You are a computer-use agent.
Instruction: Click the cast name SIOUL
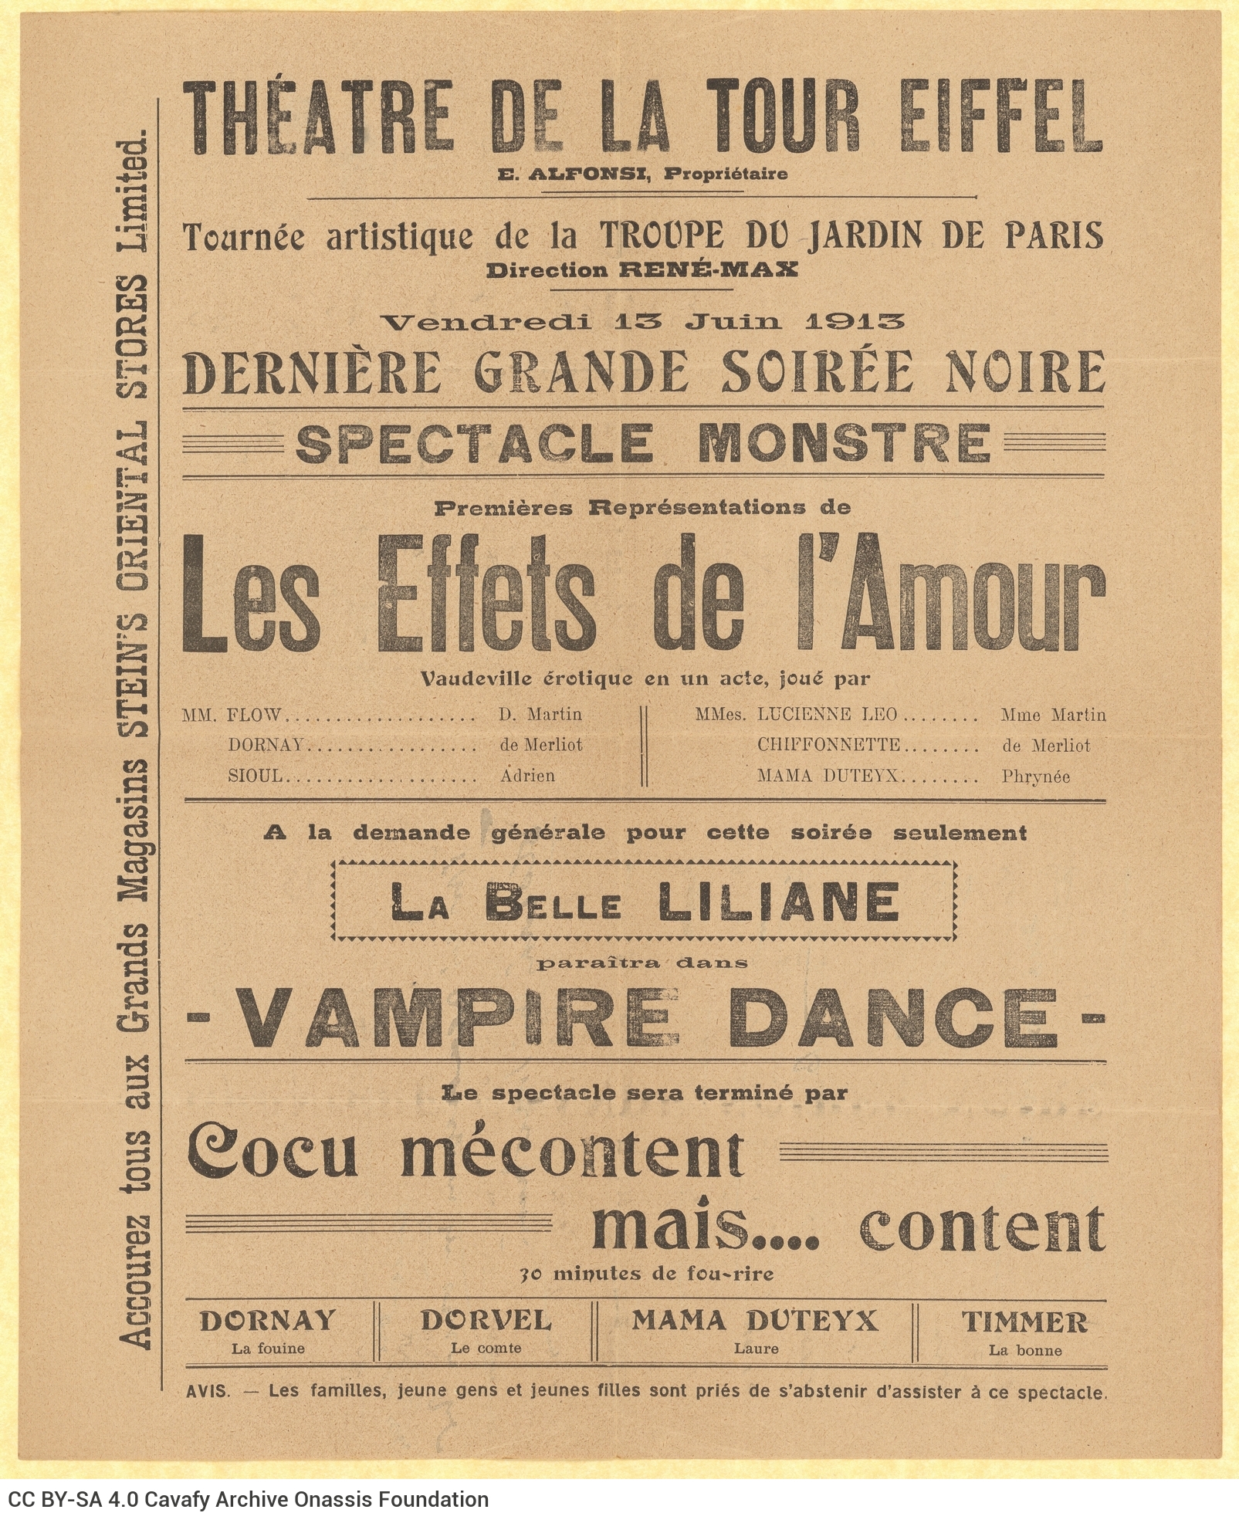(x=256, y=776)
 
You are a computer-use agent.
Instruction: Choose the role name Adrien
(x=527, y=776)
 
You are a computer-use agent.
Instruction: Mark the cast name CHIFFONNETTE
(x=828, y=745)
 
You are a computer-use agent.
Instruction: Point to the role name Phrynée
(x=1035, y=777)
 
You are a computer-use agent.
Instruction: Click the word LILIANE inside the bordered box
(x=780, y=901)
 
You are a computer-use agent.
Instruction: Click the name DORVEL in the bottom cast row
(x=486, y=1321)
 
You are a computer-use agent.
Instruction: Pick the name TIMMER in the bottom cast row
(x=1024, y=1322)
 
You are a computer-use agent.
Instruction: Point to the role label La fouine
(x=268, y=1349)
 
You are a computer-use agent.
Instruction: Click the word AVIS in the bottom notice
(x=208, y=1392)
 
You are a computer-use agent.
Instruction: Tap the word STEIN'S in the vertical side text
(x=137, y=680)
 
